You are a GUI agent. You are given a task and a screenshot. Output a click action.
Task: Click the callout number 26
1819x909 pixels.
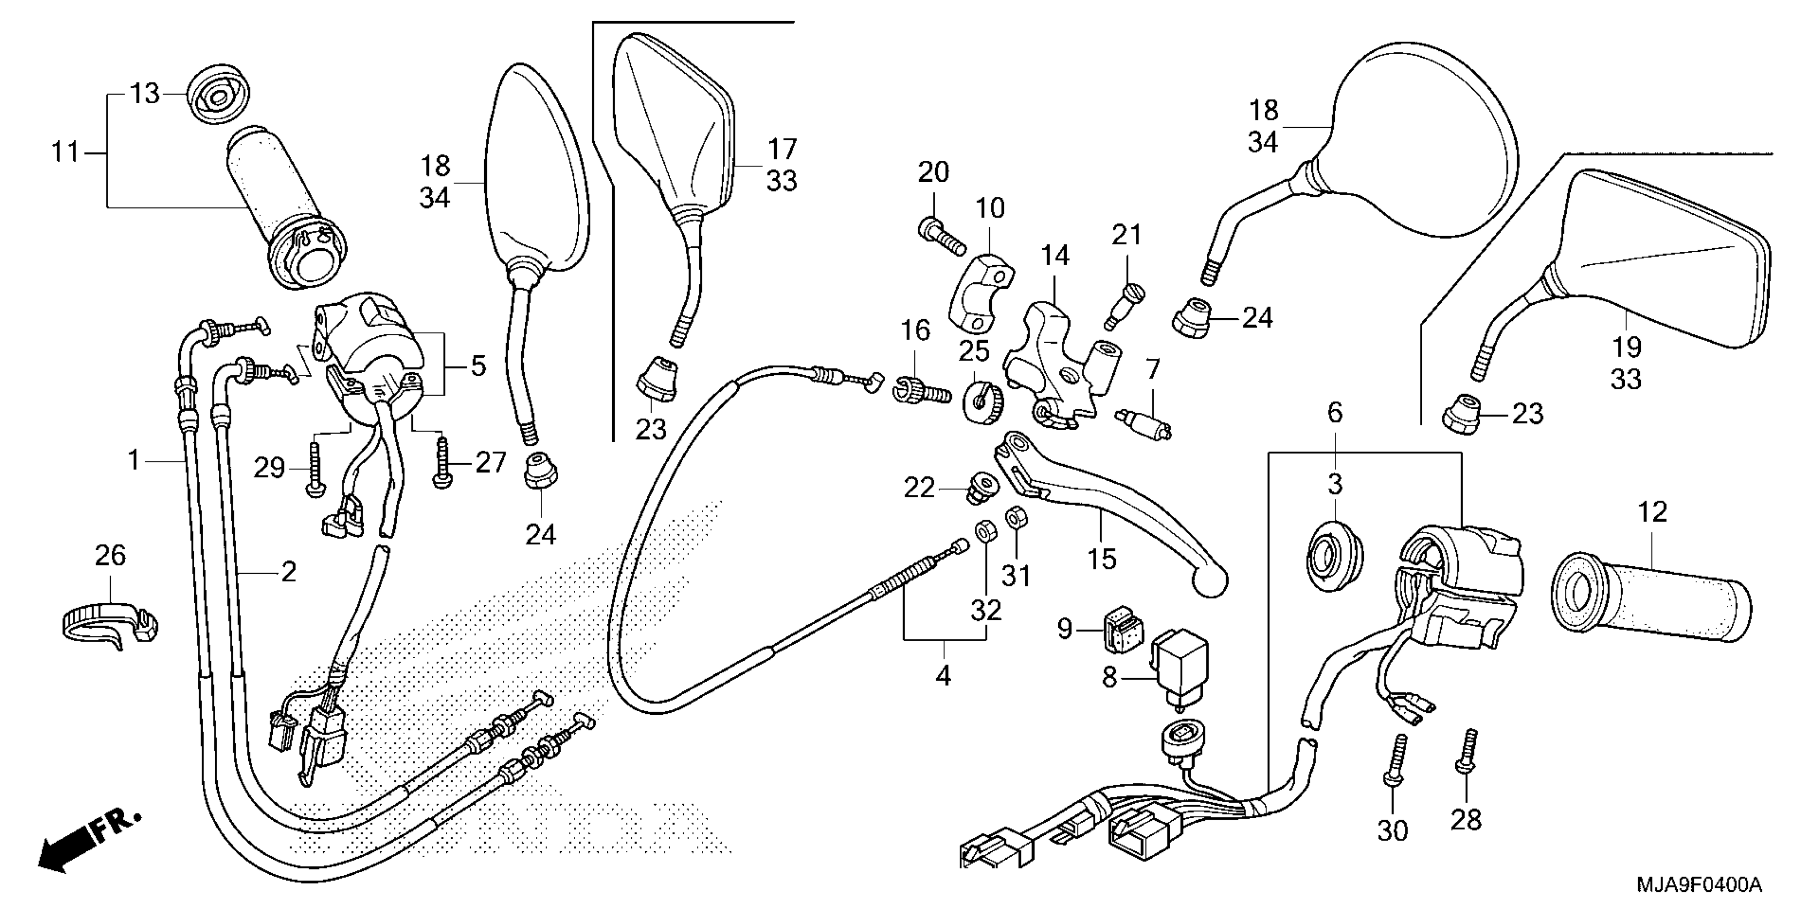(x=110, y=556)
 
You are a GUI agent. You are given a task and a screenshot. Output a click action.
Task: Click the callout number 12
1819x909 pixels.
(x=1652, y=512)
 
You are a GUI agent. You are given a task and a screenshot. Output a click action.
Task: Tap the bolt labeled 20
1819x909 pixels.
(x=941, y=238)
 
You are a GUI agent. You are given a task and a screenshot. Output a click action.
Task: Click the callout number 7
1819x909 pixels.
(x=1152, y=368)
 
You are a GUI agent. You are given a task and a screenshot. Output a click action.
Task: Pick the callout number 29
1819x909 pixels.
(x=269, y=468)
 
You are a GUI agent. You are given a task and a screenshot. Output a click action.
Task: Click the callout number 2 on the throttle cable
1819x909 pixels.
(x=288, y=571)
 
